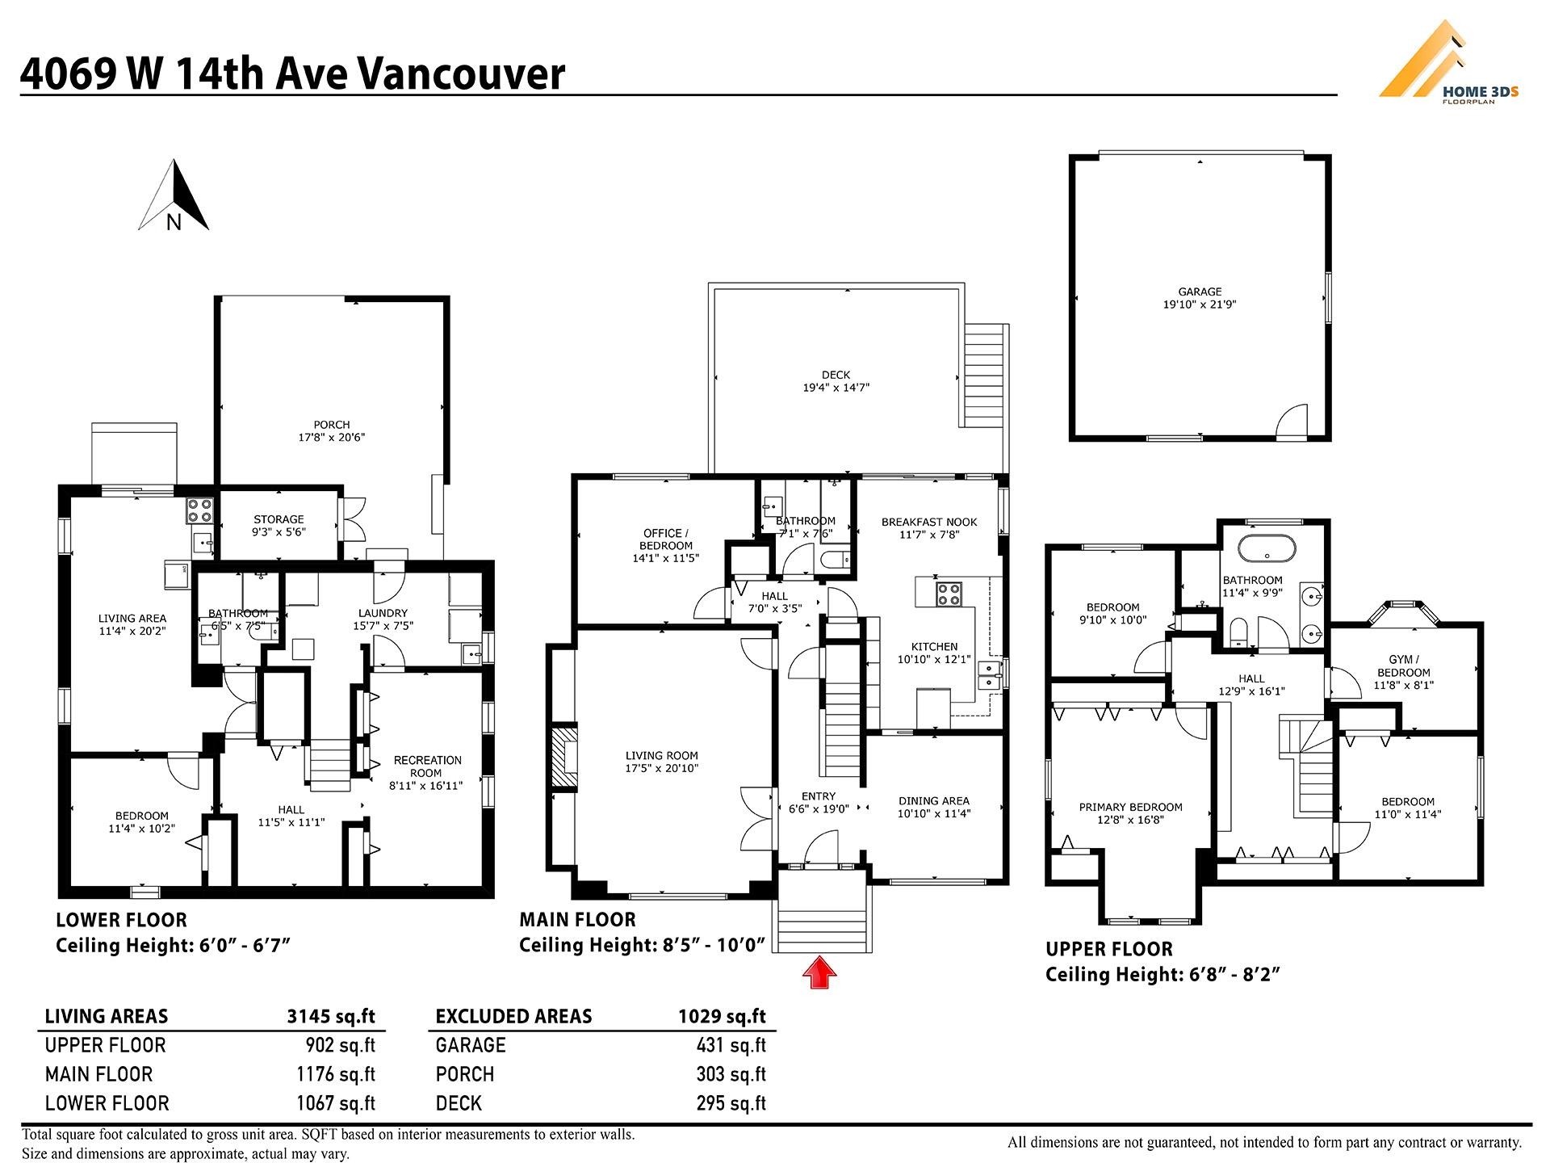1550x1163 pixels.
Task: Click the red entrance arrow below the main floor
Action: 819,972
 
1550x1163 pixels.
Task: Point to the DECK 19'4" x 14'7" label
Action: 836,381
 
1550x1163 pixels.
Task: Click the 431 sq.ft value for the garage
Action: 731,1045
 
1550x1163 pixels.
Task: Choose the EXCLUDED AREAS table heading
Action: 513,1016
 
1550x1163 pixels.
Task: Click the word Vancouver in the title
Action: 461,73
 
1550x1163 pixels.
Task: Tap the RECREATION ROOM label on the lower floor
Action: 427,766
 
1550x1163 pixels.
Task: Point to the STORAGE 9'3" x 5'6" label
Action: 279,526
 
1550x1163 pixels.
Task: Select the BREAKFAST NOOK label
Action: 929,522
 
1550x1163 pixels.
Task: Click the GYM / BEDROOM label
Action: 1404,666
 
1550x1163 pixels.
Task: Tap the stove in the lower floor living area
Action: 199,510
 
